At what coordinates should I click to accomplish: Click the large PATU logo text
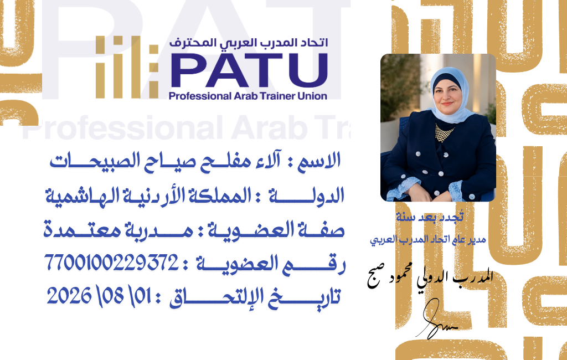(249, 70)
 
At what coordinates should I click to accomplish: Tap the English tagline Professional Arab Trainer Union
(248, 96)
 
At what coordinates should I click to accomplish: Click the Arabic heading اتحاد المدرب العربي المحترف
(249, 43)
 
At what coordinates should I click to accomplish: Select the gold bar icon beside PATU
(127, 68)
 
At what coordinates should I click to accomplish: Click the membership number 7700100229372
(111, 263)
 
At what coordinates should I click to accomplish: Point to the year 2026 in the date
(69, 296)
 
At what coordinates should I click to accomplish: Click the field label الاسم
(319, 161)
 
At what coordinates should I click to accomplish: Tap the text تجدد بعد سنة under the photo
(430, 217)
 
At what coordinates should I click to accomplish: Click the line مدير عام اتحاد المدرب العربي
(428, 240)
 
